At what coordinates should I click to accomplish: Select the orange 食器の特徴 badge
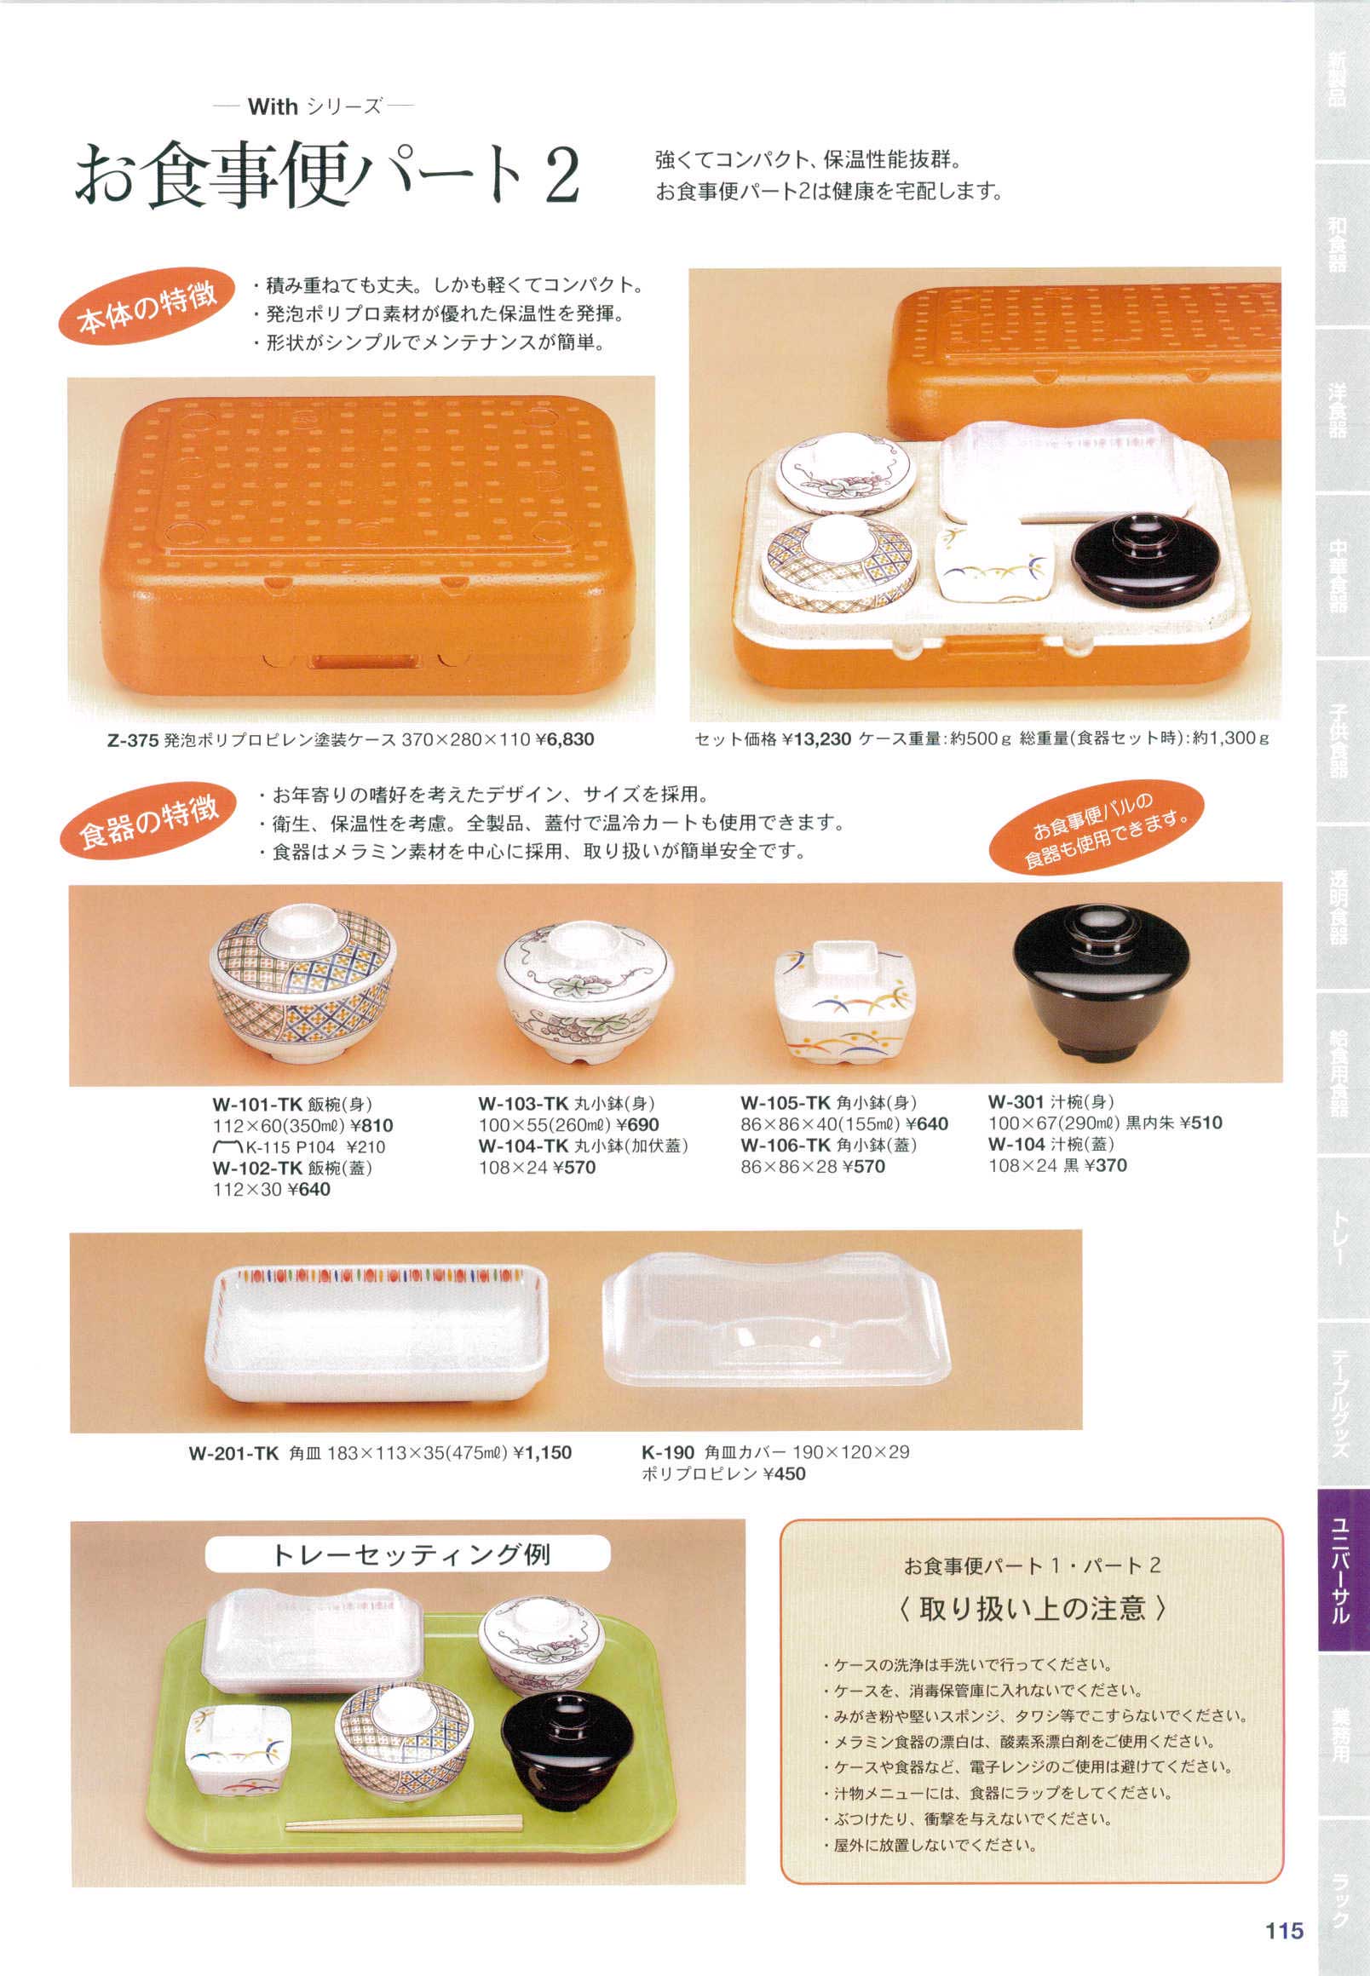[x=148, y=820]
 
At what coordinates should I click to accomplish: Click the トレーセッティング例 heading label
[x=410, y=1554]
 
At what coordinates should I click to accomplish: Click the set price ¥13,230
[x=816, y=738]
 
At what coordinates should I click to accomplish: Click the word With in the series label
[x=273, y=107]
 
